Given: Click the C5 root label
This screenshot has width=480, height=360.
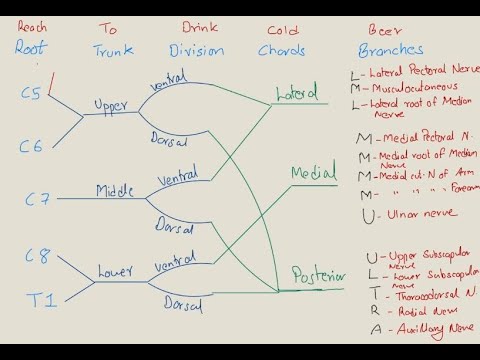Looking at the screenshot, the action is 31,93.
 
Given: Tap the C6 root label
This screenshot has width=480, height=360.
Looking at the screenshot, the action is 31,146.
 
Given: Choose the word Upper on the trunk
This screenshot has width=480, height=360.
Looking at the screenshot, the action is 111,104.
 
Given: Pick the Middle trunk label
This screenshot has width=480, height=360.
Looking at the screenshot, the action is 116,190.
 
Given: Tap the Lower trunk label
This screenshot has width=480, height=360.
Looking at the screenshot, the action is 115,271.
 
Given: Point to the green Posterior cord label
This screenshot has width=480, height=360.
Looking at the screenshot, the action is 318,275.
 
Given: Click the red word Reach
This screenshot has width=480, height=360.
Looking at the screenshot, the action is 32,27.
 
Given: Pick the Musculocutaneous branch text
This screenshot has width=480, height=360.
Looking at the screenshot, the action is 411,88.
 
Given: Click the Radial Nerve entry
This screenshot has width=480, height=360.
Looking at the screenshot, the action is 405,312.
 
